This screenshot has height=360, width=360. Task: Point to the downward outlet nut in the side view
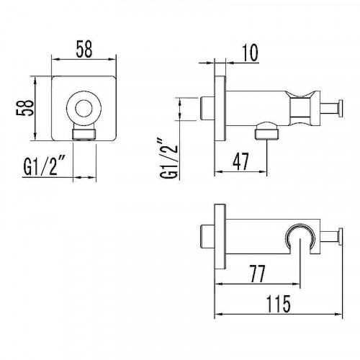(x=266, y=131)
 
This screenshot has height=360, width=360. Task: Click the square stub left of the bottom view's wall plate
(x=206, y=236)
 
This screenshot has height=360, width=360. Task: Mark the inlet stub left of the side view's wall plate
(x=206, y=107)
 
